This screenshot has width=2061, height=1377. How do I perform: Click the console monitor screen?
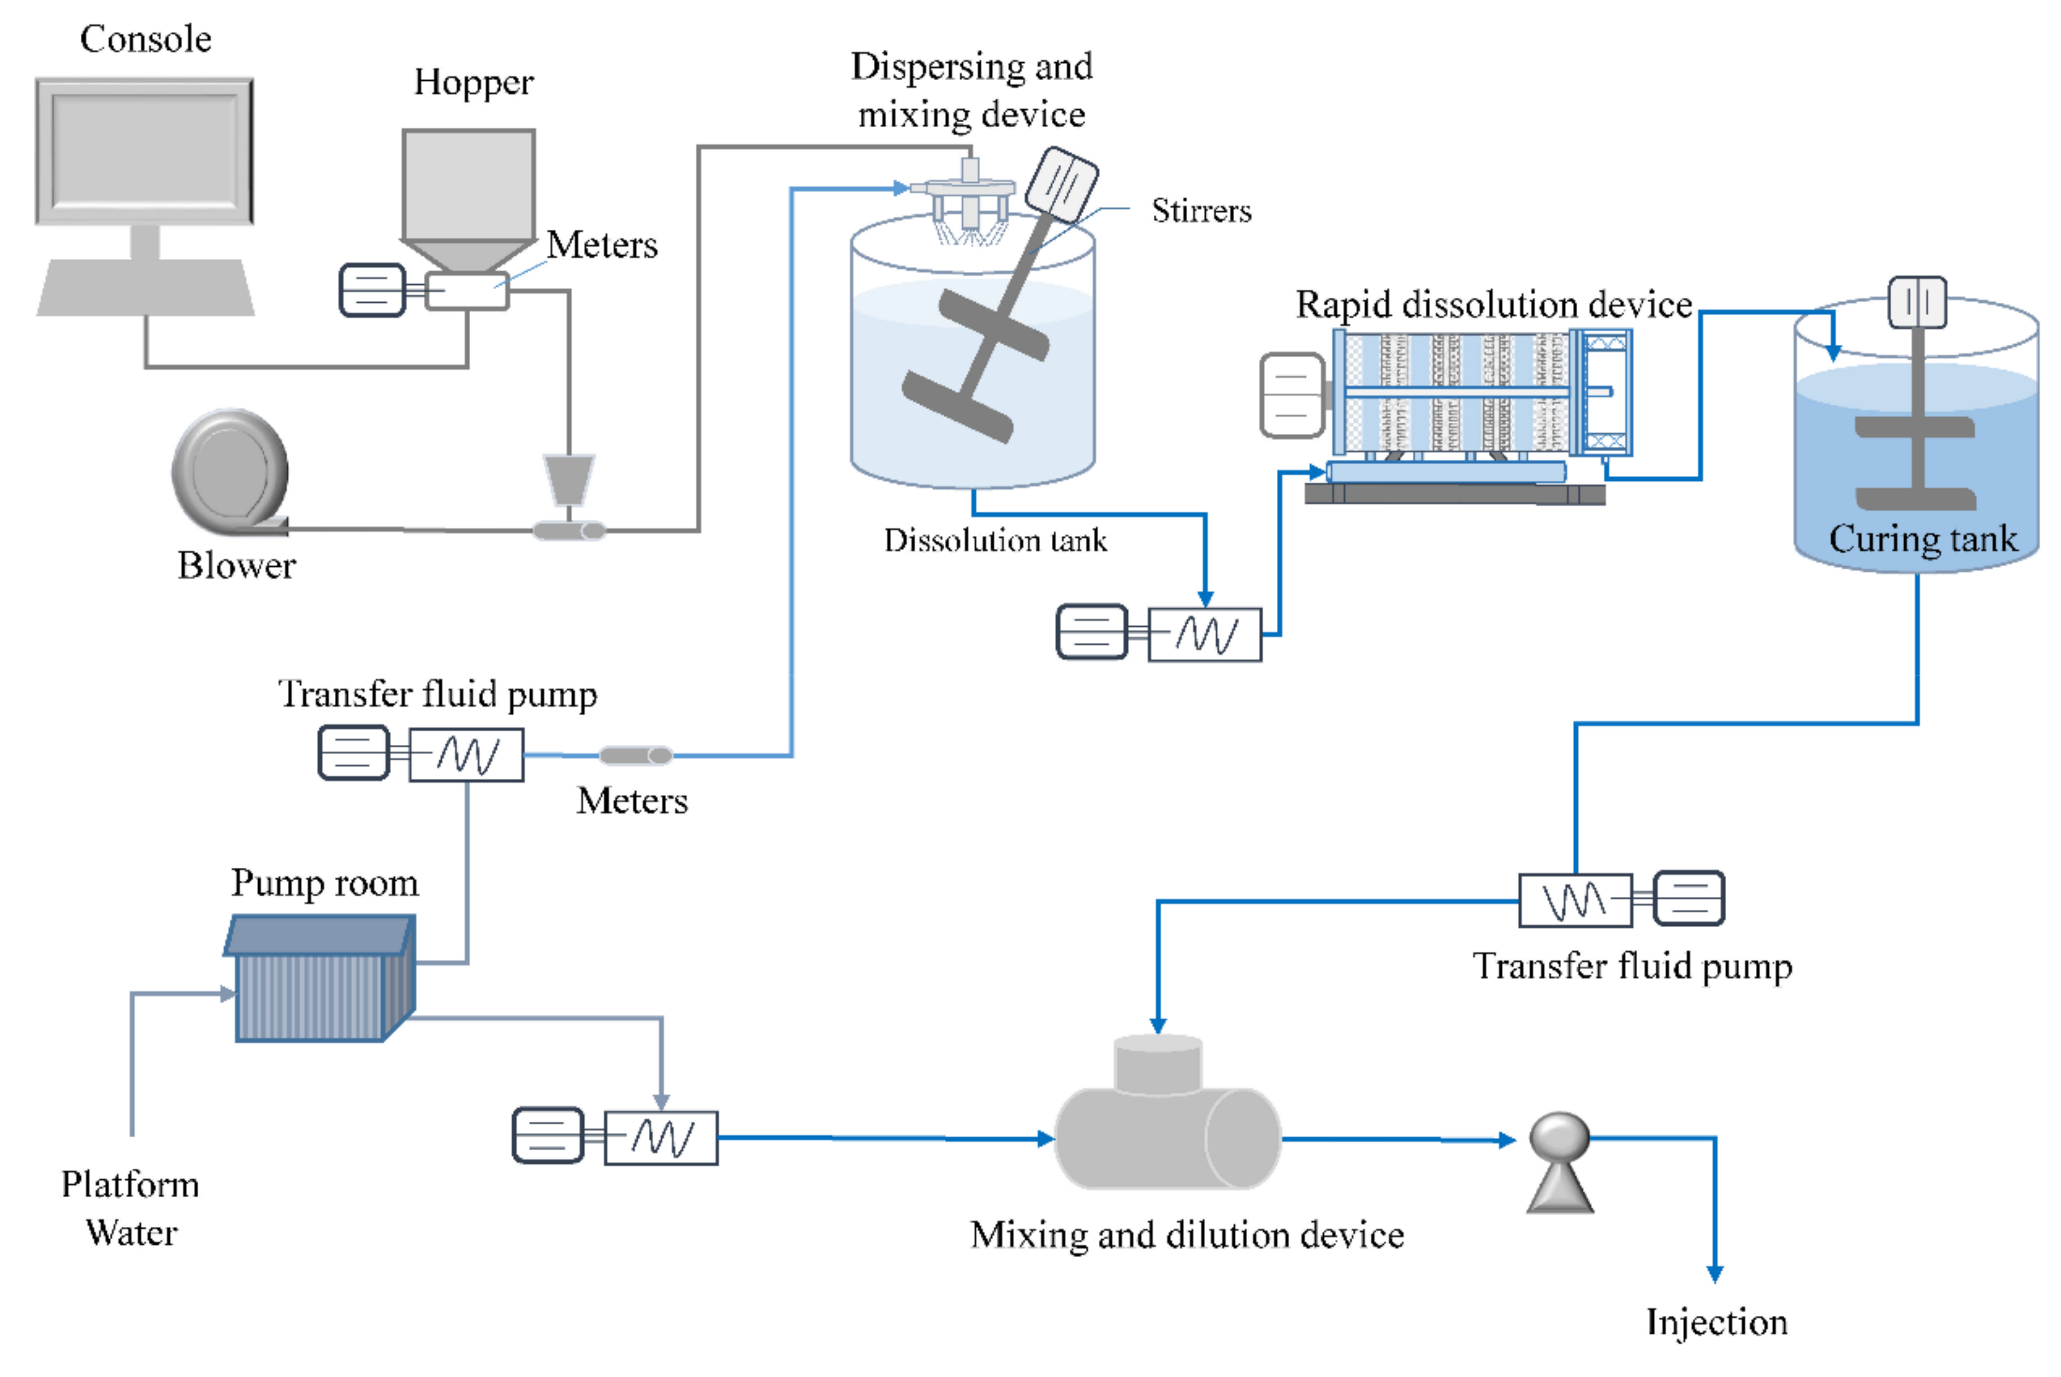pyautogui.click(x=144, y=150)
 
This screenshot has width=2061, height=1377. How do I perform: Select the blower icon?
pyautogui.click(x=230, y=472)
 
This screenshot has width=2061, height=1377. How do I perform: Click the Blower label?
pyautogui.click(x=236, y=566)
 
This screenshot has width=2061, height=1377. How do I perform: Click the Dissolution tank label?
pyautogui.click(x=994, y=540)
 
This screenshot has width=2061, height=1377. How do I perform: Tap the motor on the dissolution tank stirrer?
pyautogui.click(x=1062, y=185)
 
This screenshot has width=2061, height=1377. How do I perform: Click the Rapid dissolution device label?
pyautogui.click(x=1493, y=304)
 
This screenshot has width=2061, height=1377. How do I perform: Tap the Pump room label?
pyautogui.click(x=324, y=883)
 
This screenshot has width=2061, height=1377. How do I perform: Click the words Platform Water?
pyautogui.click(x=130, y=1208)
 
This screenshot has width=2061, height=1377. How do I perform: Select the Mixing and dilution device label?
pyautogui.click(x=1187, y=1235)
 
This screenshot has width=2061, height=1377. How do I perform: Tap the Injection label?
pyautogui.click(x=1716, y=1322)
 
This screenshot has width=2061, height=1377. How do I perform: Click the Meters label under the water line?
pyautogui.click(x=632, y=801)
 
